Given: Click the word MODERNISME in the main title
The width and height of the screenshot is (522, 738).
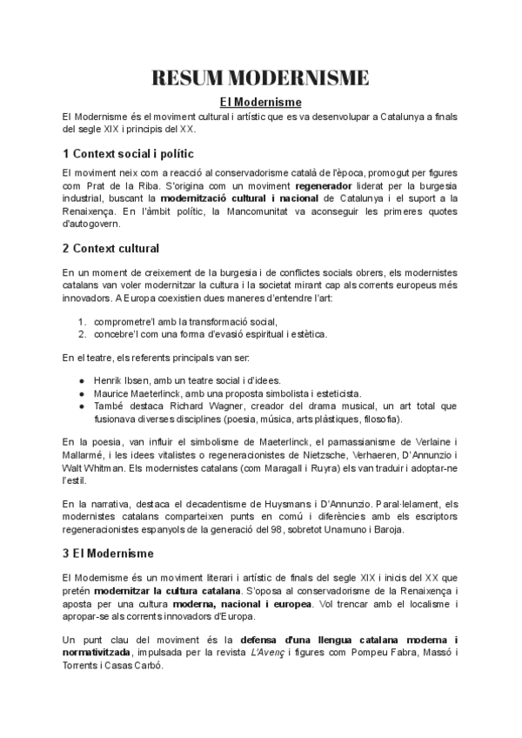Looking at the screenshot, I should (x=302, y=78).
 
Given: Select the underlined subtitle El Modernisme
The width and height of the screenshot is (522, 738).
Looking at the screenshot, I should (x=260, y=103).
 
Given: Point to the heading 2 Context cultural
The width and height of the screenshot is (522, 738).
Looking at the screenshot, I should (x=110, y=248).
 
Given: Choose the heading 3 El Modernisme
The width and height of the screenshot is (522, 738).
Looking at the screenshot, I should (x=109, y=553).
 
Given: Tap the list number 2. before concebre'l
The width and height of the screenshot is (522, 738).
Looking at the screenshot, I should (x=83, y=333).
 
